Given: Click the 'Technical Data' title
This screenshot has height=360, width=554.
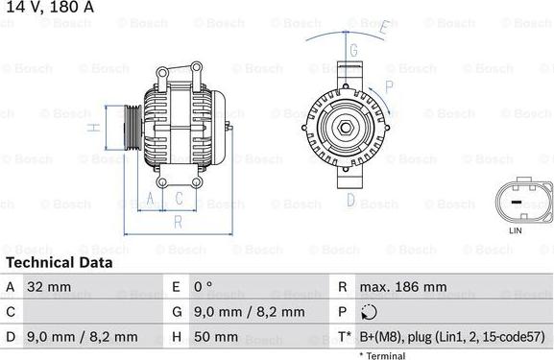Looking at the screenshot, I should click(59, 262).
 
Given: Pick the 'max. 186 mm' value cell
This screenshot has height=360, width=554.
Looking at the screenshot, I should click(402, 287).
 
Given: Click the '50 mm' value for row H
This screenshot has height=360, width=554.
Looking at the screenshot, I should click(216, 337).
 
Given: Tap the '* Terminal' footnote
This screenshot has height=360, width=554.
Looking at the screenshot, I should click(382, 355).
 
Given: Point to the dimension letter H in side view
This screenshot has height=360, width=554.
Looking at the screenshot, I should click(93, 127).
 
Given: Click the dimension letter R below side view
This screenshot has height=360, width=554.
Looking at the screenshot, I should click(178, 222).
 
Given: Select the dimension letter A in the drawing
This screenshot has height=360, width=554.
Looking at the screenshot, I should click(150, 199).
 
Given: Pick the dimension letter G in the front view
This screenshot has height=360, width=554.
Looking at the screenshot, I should click(353, 50).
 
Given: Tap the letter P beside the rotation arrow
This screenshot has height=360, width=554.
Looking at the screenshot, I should click(388, 85).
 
